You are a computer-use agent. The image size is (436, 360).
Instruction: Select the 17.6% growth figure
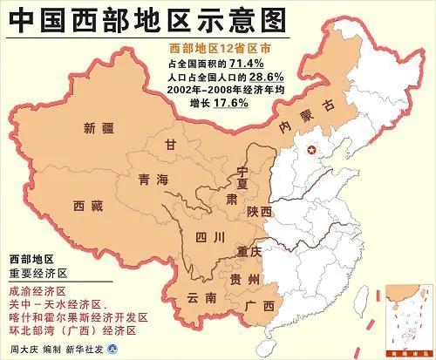point(228,102)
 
